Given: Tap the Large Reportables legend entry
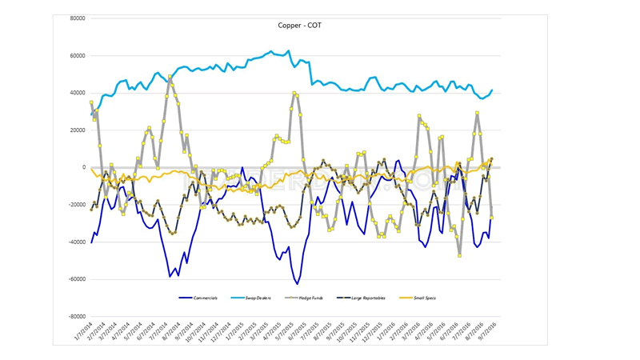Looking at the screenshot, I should point(367,298).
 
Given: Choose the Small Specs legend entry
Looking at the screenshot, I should point(423,298).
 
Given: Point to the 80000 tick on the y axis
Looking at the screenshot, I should point(78,18).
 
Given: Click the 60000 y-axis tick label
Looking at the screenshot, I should point(78,56).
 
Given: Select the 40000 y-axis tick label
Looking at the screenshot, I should point(78,93).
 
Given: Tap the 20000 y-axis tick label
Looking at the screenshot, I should point(78,130).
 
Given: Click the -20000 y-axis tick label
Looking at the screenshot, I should point(77,205).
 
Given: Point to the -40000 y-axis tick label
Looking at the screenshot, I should point(77,242).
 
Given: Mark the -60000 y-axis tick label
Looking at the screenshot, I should point(77,279).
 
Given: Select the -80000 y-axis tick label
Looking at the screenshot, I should point(77,317).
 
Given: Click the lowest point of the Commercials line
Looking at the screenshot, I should point(298,284).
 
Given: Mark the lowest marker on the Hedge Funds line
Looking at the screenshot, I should point(460,255).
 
